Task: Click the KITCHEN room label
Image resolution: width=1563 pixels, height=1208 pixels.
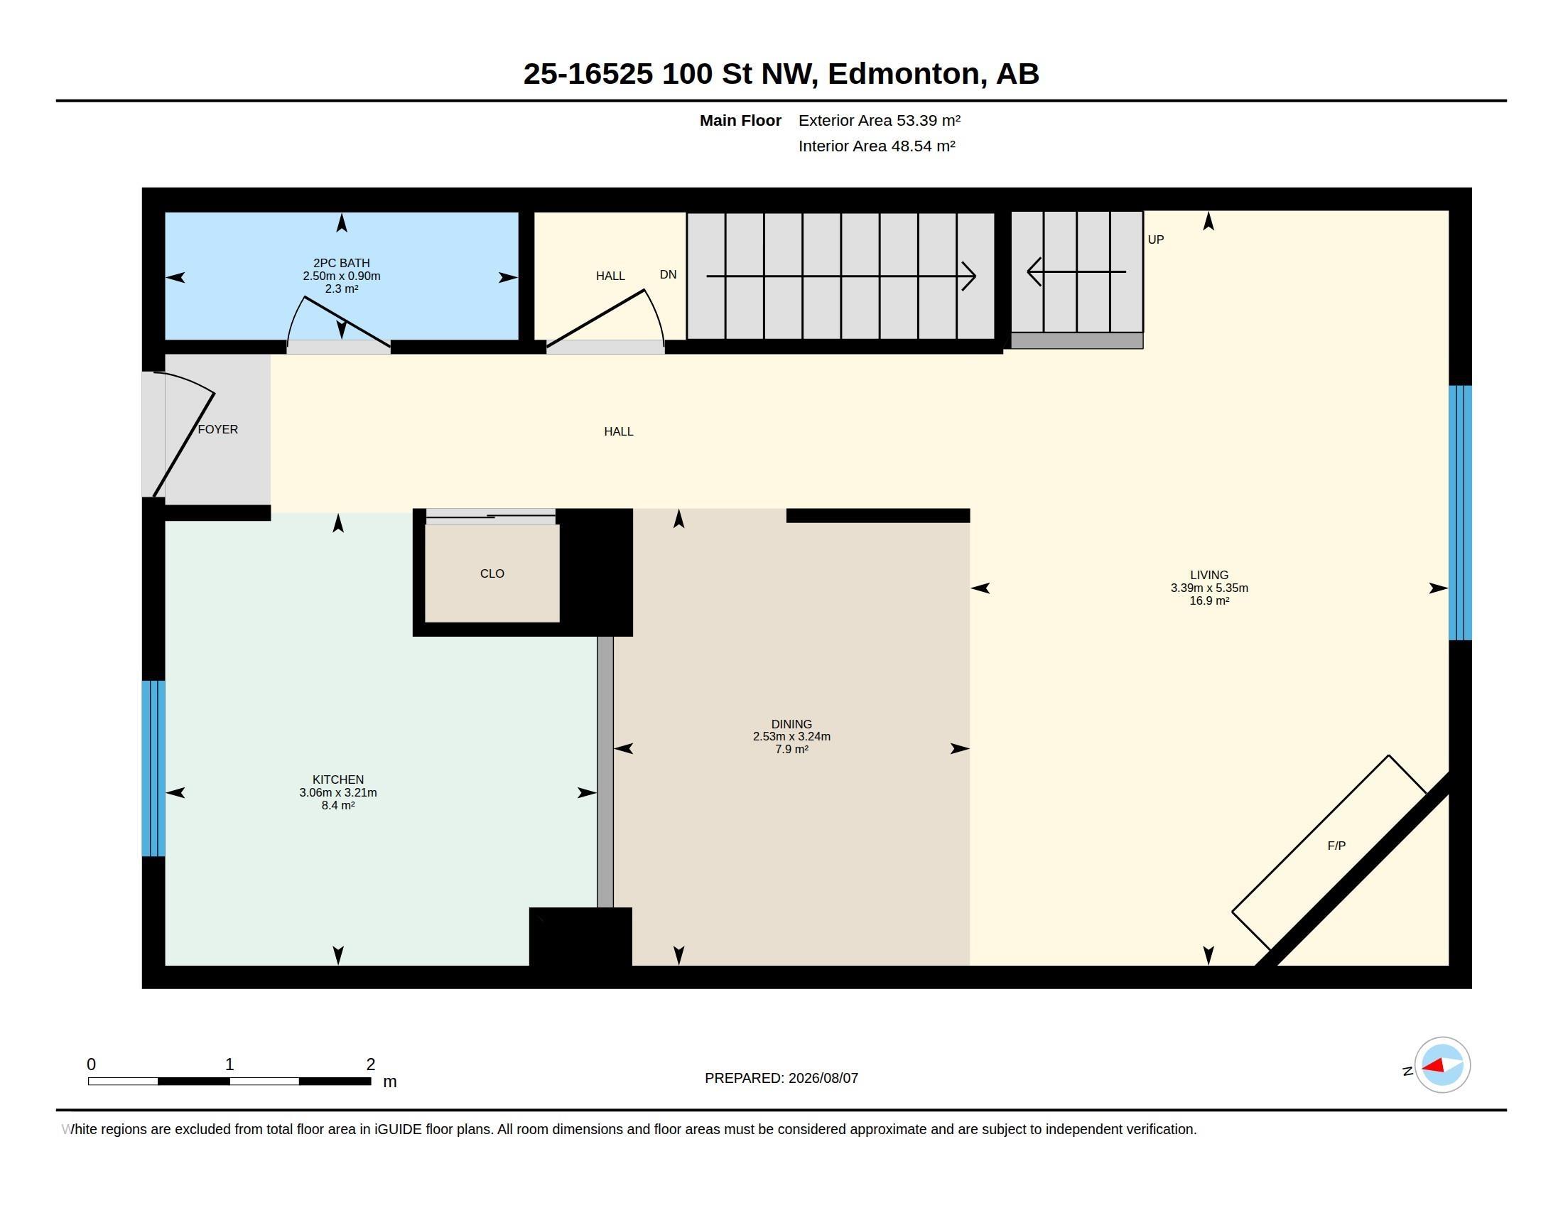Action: [x=337, y=780]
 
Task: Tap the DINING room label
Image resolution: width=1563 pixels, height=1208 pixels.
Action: [x=791, y=724]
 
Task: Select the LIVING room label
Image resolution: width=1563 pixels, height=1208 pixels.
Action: [x=1208, y=575]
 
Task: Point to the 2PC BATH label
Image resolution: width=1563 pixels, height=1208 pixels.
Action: [x=341, y=263]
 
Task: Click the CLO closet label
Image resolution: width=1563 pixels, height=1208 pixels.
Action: [x=492, y=573]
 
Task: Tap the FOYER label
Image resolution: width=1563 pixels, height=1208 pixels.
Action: [x=217, y=429]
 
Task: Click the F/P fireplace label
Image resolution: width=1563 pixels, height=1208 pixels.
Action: [x=1336, y=846]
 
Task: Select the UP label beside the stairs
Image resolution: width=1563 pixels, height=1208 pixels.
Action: [x=1156, y=239]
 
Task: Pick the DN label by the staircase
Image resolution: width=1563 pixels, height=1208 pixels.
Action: [x=668, y=275]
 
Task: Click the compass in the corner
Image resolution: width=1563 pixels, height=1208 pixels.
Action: [x=1442, y=1065]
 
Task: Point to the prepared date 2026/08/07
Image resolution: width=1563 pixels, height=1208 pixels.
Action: [x=823, y=1078]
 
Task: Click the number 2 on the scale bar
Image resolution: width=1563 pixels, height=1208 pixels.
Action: [x=371, y=1064]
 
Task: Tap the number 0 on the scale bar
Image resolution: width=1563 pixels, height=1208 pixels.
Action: [x=91, y=1064]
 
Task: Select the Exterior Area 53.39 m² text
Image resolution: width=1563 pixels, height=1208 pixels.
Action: [x=880, y=120]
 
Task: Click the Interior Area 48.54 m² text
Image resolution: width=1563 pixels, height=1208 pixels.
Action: [x=877, y=146]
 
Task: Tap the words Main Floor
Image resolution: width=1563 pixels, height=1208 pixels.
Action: [x=740, y=120]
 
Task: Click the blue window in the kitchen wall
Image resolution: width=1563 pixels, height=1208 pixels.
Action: [x=153, y=768]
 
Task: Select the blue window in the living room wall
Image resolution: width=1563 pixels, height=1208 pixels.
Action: [x=1460, y=512]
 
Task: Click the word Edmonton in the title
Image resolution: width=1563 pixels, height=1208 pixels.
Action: [x=904, y=74]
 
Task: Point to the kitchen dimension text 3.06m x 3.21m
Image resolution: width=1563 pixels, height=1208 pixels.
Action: [x=337, y=792]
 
